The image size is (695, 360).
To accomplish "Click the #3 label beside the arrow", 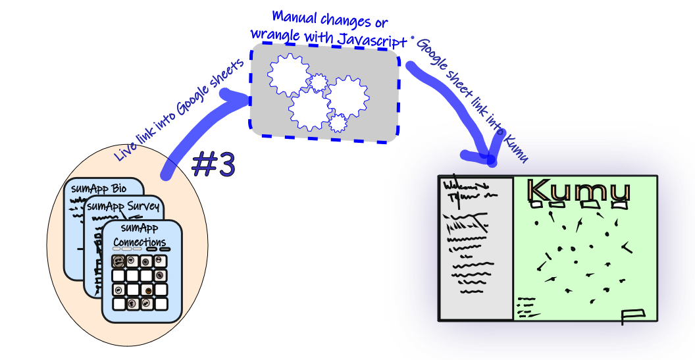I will click(213, 165).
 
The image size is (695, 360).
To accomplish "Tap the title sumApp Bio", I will click(99, 189).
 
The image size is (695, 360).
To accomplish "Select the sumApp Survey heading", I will click(123, 206).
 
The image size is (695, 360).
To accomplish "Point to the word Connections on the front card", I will click(139, 242).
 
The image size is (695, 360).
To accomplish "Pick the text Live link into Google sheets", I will click(180, 109).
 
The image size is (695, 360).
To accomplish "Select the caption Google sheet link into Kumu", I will click(472, 99).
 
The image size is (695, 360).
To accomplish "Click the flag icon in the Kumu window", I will click(633, 315).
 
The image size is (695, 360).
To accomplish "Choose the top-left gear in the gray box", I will click(288, 75).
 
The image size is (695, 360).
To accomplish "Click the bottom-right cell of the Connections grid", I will click(161, 303).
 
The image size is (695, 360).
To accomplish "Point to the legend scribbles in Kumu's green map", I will click(527, 307).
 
